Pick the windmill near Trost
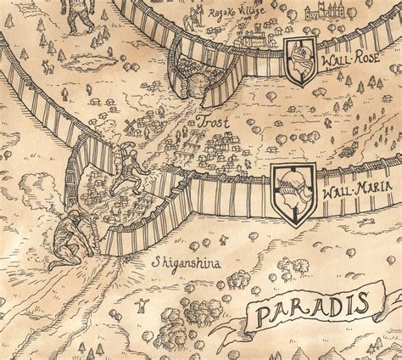(x=130, y=127)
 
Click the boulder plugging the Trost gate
(x=194, y=85)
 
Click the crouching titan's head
(x=74, y=216)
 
